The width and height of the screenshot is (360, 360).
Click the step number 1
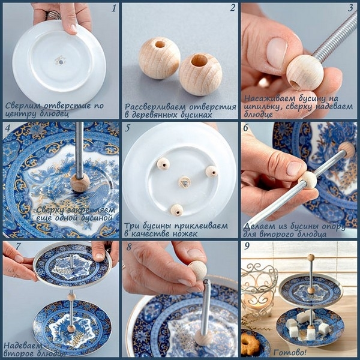(114, 9)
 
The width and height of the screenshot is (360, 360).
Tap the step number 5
(128, 128)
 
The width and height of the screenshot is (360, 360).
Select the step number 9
(247, 246)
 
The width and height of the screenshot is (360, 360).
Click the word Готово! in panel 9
(290, 352)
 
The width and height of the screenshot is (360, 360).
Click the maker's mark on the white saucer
(61, 61)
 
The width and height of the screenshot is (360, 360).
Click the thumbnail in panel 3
(277, 52)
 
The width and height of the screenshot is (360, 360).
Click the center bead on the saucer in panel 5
(185, 182)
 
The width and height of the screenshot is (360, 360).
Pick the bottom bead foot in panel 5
(177, 210)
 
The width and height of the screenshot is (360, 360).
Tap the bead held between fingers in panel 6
(307, 180)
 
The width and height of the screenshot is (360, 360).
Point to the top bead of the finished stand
(311, 257)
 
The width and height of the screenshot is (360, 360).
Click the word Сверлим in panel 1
(23, 106)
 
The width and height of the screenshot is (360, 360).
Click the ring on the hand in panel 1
(54, 14)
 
